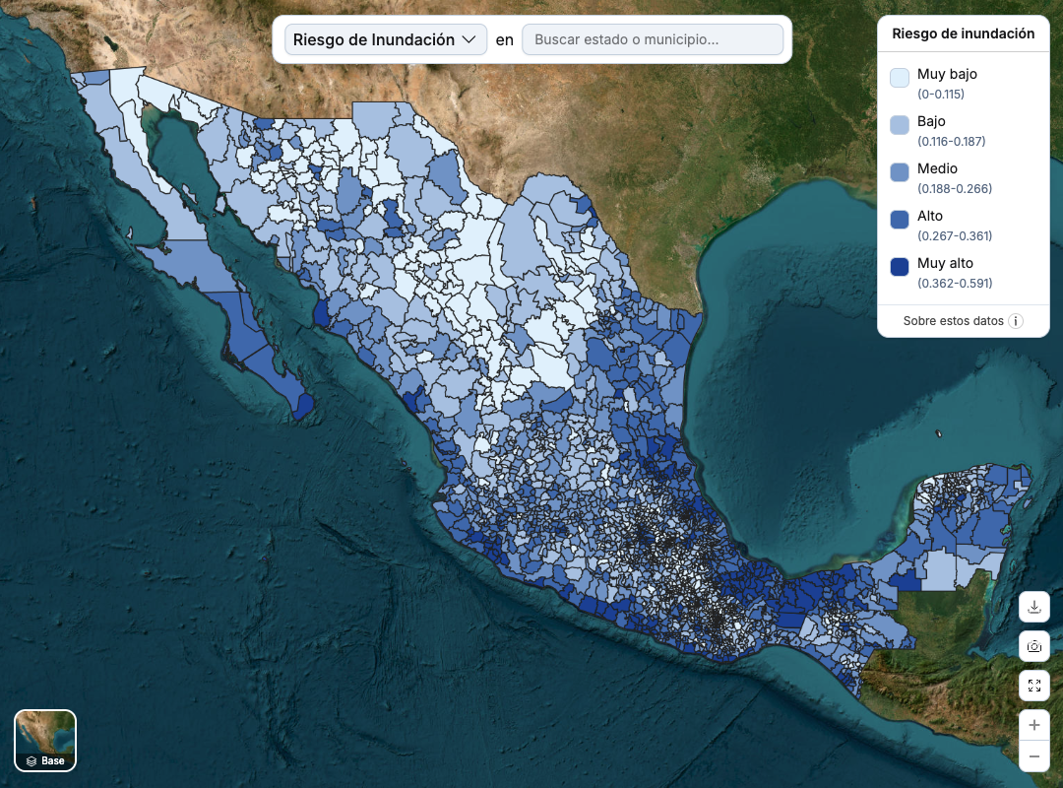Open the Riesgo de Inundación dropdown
385,39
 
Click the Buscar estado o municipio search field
653,39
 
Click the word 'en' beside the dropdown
505,39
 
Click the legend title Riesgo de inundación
963,33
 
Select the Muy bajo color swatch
900,78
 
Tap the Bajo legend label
931,121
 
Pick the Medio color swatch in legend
900,172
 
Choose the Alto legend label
929,216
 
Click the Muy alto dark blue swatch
900,267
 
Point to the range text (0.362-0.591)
955,284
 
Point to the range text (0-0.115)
941,95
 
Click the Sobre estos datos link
953,321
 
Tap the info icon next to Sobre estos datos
1016,321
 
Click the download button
1033,607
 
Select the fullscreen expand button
1033,686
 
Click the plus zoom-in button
1033,726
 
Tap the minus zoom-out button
1033,756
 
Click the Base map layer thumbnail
45,740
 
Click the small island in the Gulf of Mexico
940,433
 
